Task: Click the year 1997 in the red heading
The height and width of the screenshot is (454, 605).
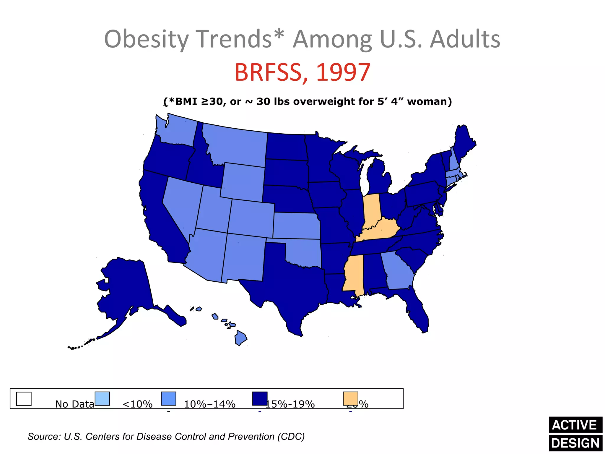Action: (x=343, y=72)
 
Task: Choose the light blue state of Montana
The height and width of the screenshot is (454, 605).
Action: (x=236, y=145)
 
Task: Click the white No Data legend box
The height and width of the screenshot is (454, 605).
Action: (x=24, y=399)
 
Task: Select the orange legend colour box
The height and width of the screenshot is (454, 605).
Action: (x=350, y=398)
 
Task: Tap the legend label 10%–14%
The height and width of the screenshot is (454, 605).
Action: (x=209, y=404)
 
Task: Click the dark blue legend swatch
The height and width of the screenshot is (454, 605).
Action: (x=260, y=398)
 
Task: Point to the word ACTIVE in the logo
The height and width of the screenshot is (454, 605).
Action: (x=575, y=425)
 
